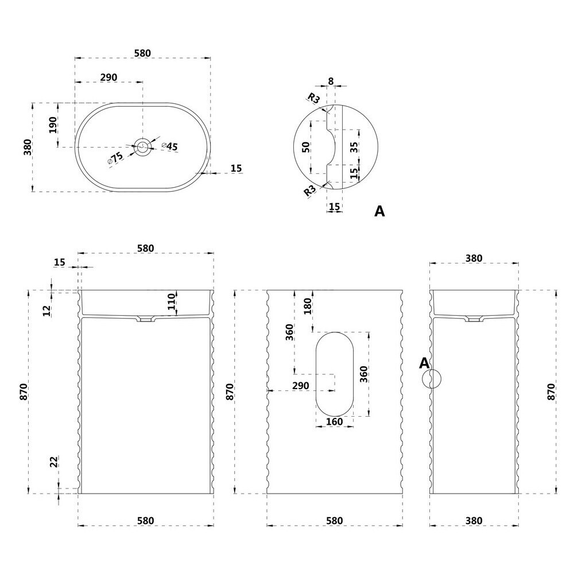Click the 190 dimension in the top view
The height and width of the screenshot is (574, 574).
pyautogui.click(x=52, y=125)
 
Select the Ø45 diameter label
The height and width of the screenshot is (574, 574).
pyautogui.click(x=170, y=146)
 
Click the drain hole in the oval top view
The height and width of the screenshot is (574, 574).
pyautogui.click(x=142, y=146)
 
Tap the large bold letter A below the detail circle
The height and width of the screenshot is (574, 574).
pyautogui.click(x=379, y=211)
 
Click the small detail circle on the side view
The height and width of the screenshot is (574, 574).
pyautogui.click(x=431, y=378)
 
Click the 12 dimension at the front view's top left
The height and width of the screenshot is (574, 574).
pyautogui.click(x=47, y=311)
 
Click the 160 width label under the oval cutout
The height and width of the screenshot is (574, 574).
pyautogui.click(x=334, y=422)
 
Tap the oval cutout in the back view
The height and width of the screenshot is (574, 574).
pyautogui.click(x=335, y=373)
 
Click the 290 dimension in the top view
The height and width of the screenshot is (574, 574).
pyautogui.click(x=109, y=77)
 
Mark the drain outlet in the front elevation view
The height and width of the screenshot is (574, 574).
pyautogui.click(x=145, y=319)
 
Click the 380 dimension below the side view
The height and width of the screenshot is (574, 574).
pyautogui.click(x=474, y=521)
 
